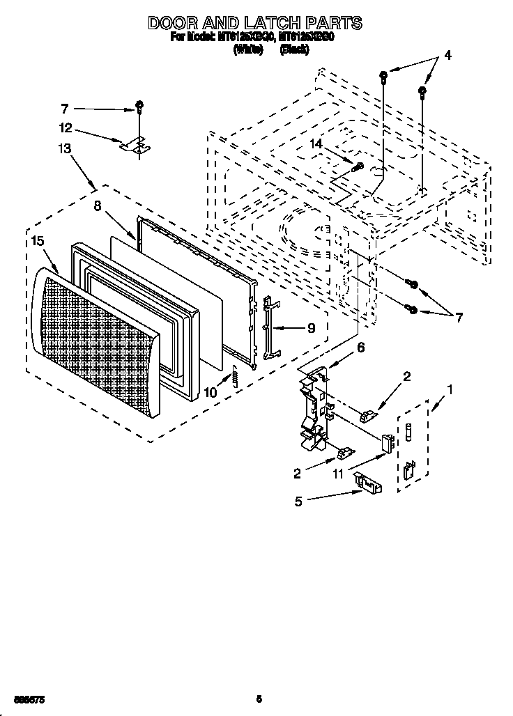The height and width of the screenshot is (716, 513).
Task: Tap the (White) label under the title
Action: click(248, 49)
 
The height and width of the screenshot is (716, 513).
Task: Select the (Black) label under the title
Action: click(293, 49)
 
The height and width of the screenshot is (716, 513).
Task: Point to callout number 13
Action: click(65, 148)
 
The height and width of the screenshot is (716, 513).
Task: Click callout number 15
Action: click(38, 240)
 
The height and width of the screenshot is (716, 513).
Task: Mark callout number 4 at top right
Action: click(447, 56)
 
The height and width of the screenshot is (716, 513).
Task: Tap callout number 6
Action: click(360, 346)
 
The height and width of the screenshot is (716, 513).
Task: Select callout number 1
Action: click(450, 391)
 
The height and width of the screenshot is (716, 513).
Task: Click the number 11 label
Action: click(339, 474)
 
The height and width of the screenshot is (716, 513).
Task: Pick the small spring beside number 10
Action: click(235, 377)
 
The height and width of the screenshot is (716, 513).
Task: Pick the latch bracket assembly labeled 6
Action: click(314, 411)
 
